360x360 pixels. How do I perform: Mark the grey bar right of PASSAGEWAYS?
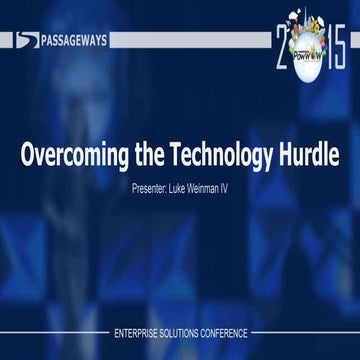[190, 41]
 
